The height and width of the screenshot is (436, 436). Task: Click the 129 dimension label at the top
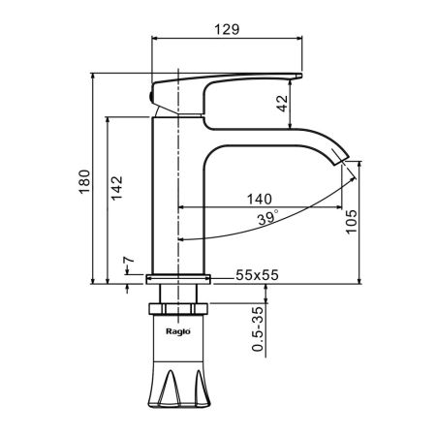227,29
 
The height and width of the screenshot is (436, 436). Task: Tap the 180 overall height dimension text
84,181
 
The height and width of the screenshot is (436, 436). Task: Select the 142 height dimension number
116,188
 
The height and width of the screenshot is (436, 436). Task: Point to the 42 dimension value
283,104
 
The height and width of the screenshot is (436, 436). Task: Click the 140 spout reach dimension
260,199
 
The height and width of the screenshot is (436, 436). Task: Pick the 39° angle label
267,218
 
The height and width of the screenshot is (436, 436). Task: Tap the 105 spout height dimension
352,222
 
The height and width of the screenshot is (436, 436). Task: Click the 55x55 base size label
257,275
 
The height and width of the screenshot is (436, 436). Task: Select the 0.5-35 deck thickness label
258,328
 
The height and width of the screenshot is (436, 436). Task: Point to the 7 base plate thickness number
129,260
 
